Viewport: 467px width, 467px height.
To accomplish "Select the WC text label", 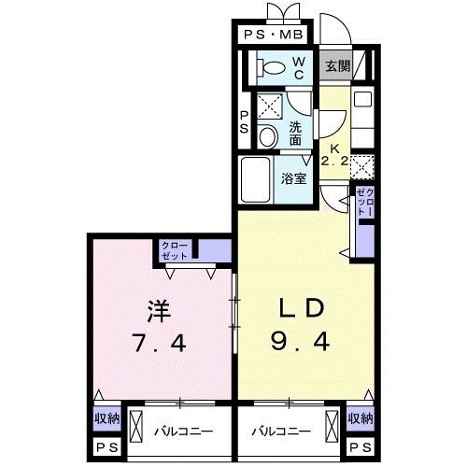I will tap(299, 67).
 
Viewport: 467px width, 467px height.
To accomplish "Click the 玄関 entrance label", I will tap(336, 66).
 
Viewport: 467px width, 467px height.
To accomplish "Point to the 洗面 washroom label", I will tap(295, 134).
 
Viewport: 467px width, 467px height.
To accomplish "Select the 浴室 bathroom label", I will tap(295, 178).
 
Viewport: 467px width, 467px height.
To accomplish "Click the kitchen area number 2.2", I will tap(335, 161).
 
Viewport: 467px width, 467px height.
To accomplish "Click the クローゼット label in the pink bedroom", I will tap(176, 250).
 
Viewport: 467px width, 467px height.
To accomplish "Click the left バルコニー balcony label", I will tap(181, 432).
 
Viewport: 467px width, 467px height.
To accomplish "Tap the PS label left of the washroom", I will tap(244, 122).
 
